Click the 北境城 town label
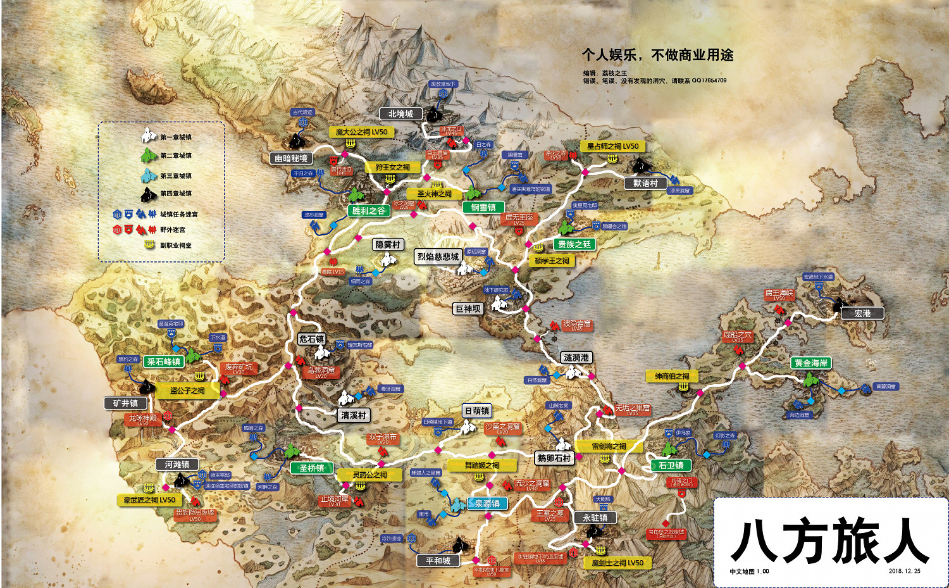[400, 114]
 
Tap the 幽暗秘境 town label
[291, 158]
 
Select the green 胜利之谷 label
[368, 211]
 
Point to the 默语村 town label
[645, 183]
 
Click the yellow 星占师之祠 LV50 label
[612, 146]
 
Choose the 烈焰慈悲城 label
[438, 256]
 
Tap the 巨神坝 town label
[468, 309]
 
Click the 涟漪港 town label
[576, 358]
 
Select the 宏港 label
[862, 313]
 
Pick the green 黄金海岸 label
[811, 363]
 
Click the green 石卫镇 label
[671, 465]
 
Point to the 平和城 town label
[438, 561]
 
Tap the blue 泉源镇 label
[488, 503]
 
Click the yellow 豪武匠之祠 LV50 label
[149, 500]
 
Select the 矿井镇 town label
[125, 403]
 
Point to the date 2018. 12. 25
[904, 571]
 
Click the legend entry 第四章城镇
[175, 194]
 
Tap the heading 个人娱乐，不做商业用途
[657, 55]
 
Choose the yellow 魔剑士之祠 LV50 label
[617, 563]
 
